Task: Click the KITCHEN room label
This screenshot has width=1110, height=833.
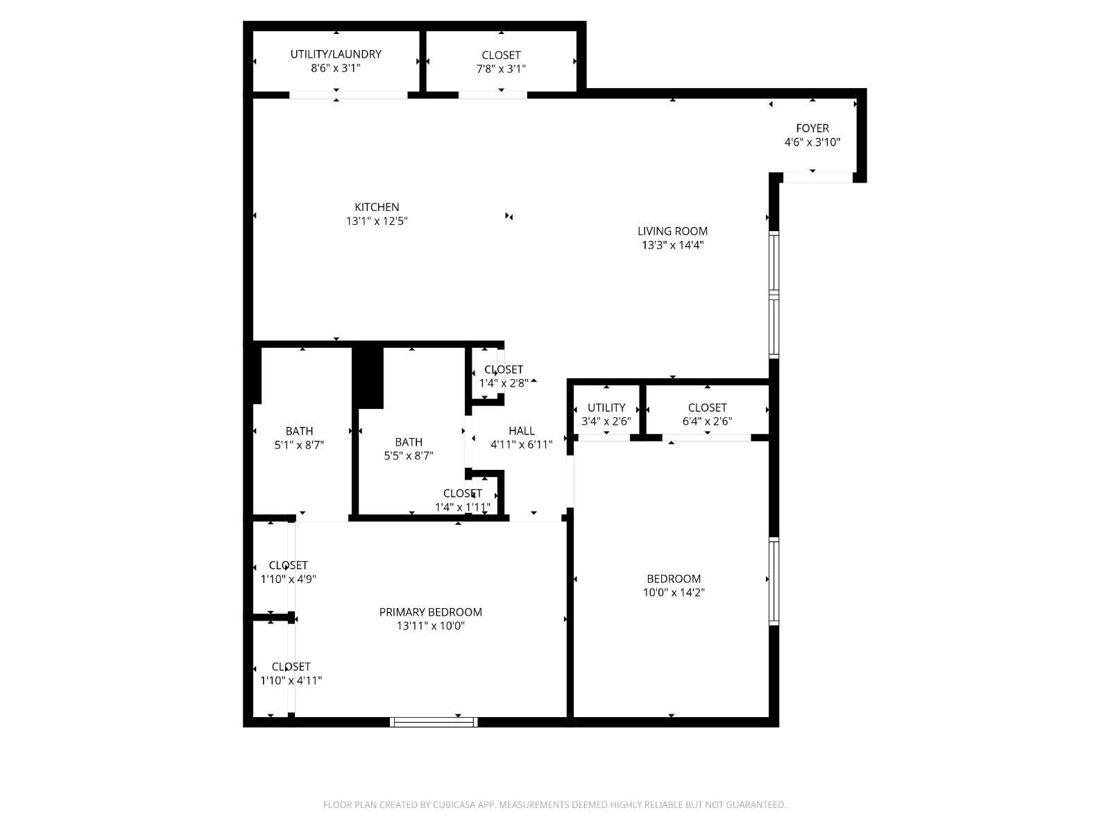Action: click(377, 207)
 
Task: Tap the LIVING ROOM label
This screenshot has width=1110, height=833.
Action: click(672, 231)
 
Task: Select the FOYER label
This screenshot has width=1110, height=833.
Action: click(812, 128)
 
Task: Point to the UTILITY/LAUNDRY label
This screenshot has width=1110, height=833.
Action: click(336, 54)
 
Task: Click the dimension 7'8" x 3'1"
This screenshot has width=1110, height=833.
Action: click(501, 69)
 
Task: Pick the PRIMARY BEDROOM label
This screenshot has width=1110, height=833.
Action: click(430, 612)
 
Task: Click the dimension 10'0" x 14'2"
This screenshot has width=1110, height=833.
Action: click(674, 592)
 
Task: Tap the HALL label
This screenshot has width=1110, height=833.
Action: click(522, 431)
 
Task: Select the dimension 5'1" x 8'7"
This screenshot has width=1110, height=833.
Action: click(299, 445)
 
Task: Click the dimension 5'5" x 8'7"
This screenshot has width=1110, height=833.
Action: click(409, 455)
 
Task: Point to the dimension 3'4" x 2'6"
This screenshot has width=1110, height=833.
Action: click(606, 421)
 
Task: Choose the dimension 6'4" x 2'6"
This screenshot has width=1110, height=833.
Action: click(707, 421)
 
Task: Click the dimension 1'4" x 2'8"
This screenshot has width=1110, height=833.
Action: click(504, 383)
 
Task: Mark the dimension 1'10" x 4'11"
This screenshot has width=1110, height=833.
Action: click(291, 681)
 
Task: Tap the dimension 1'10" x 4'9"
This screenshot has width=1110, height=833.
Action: click(288, 579)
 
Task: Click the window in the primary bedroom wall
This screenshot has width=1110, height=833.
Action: click(434, 722)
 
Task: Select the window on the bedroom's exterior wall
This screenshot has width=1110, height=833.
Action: click(774, 582)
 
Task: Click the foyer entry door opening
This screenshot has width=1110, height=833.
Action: click(818, 178)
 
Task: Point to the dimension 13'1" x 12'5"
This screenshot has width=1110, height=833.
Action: click(377, 221)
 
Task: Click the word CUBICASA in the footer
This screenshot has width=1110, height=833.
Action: click(454, 805)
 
